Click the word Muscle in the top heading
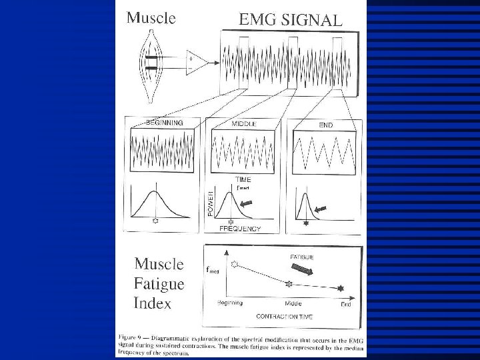[x=151, y=18]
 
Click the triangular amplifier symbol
[x=198, y=62]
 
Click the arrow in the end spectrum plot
[x=321, y=209]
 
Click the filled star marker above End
[x=341, y=288]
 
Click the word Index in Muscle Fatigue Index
[x=153, y=303]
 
